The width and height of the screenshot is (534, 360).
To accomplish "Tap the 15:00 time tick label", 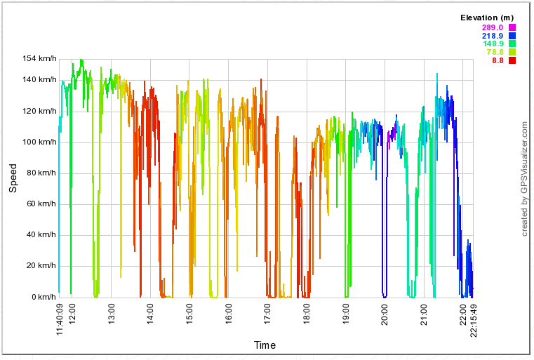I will click(189, 310).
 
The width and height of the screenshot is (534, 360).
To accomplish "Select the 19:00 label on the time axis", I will click(345, 310).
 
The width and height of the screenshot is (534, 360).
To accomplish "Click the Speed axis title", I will click(13, 178).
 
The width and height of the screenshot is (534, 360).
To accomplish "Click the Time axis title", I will click(265, 345).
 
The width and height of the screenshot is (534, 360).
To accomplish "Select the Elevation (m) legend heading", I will click(487, 18).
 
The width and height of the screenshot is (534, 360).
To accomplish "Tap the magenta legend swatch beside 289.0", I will click(512, 27).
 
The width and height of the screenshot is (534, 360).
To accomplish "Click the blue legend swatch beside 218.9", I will click(512, 36).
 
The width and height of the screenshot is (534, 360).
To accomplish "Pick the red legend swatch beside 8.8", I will click(512, 60).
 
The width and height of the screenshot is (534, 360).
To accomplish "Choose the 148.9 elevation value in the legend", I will click(493, 44).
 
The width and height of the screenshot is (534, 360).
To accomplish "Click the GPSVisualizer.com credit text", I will click(524, 178).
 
